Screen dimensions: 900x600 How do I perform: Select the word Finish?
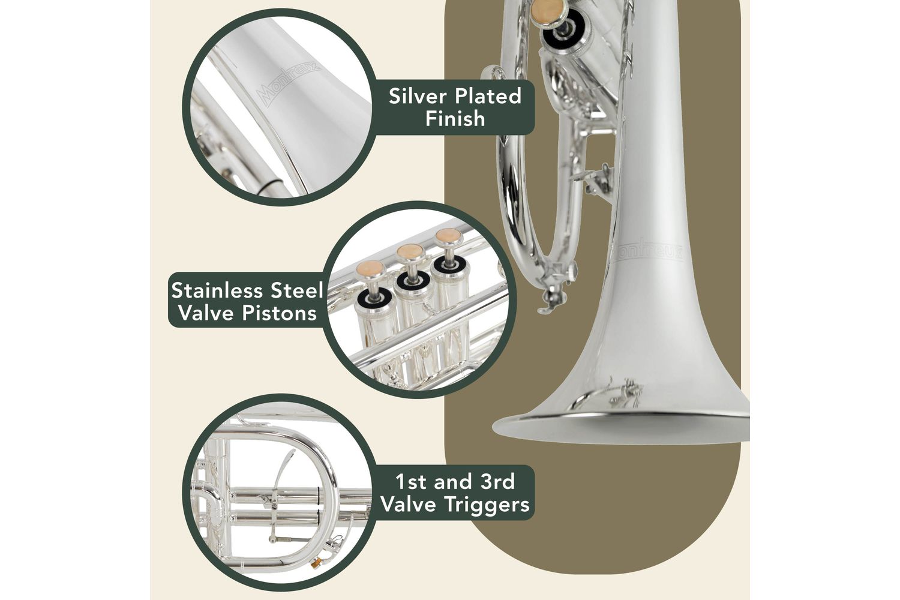[455, 119]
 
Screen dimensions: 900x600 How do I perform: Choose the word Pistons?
[279, 313]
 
